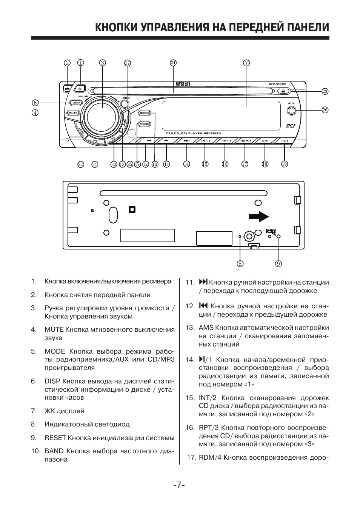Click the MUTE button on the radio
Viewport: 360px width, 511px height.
coord(73,112)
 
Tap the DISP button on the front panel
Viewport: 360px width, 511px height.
coord(76,102)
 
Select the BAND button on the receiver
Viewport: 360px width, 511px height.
coord(144,113)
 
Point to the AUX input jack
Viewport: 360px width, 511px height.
coord(291,111)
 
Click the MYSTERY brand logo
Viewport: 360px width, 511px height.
coord(183,84)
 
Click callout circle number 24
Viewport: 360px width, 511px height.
coord(173,63)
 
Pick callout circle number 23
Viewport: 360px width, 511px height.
coord(325,91)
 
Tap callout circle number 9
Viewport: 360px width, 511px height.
coord(278,263)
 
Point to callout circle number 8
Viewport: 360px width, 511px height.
coord(240,263)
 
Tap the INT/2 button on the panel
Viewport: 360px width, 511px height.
coord(205,141)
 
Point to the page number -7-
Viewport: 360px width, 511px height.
coord(179,485)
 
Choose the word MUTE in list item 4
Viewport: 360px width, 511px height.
coord(54,329)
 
